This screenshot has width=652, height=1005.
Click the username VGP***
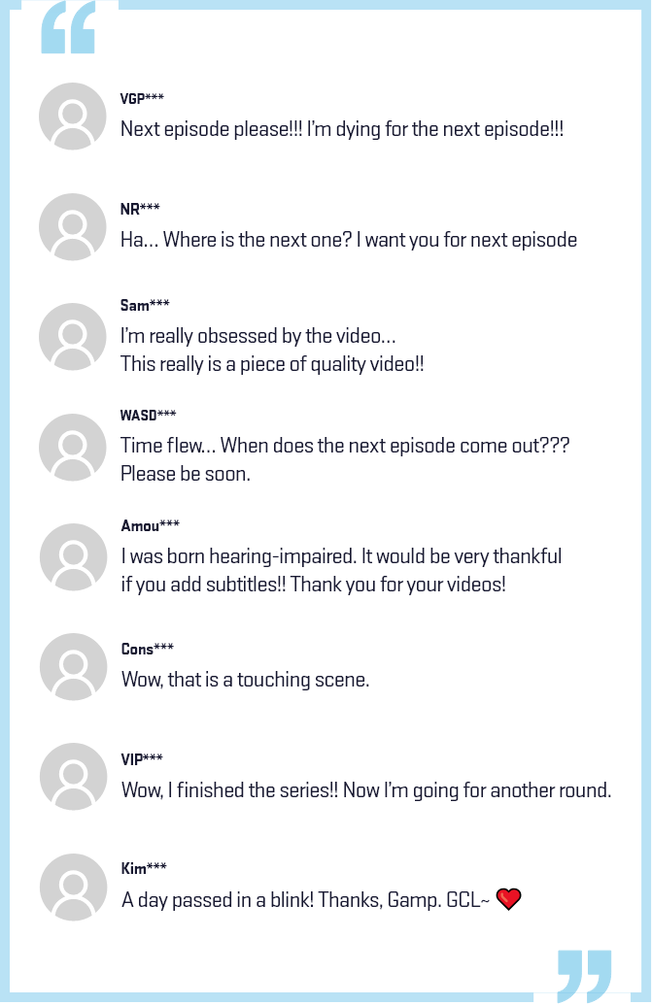(x=142, y=98)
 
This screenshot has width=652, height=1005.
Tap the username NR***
(x=140, y=209)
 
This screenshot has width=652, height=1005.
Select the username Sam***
(x=145, y=305)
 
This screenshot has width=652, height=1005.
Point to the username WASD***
(x=148, y=416)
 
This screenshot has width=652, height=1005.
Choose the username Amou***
(x=150, y=525)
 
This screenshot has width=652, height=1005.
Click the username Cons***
(x=148, y=649)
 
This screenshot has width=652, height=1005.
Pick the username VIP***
(x=142, y=759)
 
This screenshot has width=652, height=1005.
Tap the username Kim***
(x=144, y=868)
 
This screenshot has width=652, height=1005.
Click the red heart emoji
(x=508, y=899)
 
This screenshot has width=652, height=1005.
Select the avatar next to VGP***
(x=73, y=116)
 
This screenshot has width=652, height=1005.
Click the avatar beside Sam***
(x=73, y=337)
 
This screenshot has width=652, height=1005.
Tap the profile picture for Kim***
(x=73, y=888)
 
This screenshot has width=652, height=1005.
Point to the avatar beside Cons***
(x=73, y=666)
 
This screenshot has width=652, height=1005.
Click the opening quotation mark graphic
(x=68, y=27)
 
